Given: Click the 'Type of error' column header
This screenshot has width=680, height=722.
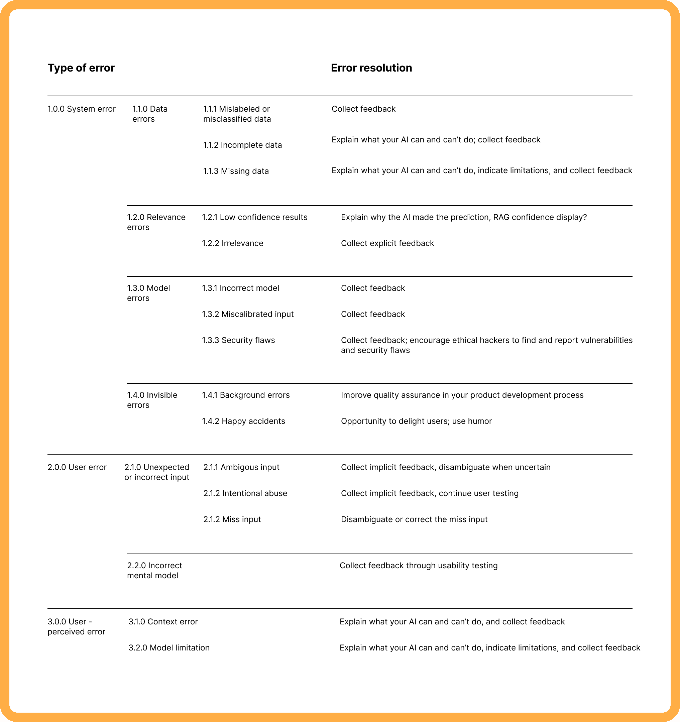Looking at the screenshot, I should click(x=81, y=68).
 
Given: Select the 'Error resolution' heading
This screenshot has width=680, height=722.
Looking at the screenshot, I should click(x=371, y=68).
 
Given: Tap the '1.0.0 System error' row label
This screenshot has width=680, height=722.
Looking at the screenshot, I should click(x=81, y=109).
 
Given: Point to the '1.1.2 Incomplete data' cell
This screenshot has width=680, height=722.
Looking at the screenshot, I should click(x=242, y=145).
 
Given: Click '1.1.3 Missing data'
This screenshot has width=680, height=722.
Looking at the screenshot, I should click(x=236, y=171).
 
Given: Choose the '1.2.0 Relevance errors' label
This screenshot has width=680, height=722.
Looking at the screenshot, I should click(x=156, y=222).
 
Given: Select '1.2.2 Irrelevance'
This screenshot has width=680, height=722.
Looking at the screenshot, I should click(x=232, y=243).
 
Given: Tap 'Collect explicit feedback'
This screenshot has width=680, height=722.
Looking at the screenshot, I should click(x=387, y=243).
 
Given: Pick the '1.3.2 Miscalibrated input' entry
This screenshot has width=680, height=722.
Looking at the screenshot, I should click(x=248, y=314).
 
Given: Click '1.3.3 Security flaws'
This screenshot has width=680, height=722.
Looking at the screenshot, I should click(x=238, y=340).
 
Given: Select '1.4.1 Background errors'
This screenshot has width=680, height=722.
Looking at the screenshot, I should click(x=245, y=395).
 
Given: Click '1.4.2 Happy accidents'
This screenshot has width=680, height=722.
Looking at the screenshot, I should click(x=243, y=421).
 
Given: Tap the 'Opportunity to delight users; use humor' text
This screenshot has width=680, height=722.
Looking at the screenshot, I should click(x=416, y=421).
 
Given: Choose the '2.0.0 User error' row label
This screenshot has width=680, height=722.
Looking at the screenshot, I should click(x=77, y=467).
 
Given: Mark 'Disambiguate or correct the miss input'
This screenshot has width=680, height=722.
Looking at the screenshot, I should click(x=414, y=520).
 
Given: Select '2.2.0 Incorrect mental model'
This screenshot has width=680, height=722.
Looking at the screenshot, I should click(x=154, y=571).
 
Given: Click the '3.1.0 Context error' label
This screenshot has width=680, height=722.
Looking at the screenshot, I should click(x=163, y=622).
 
